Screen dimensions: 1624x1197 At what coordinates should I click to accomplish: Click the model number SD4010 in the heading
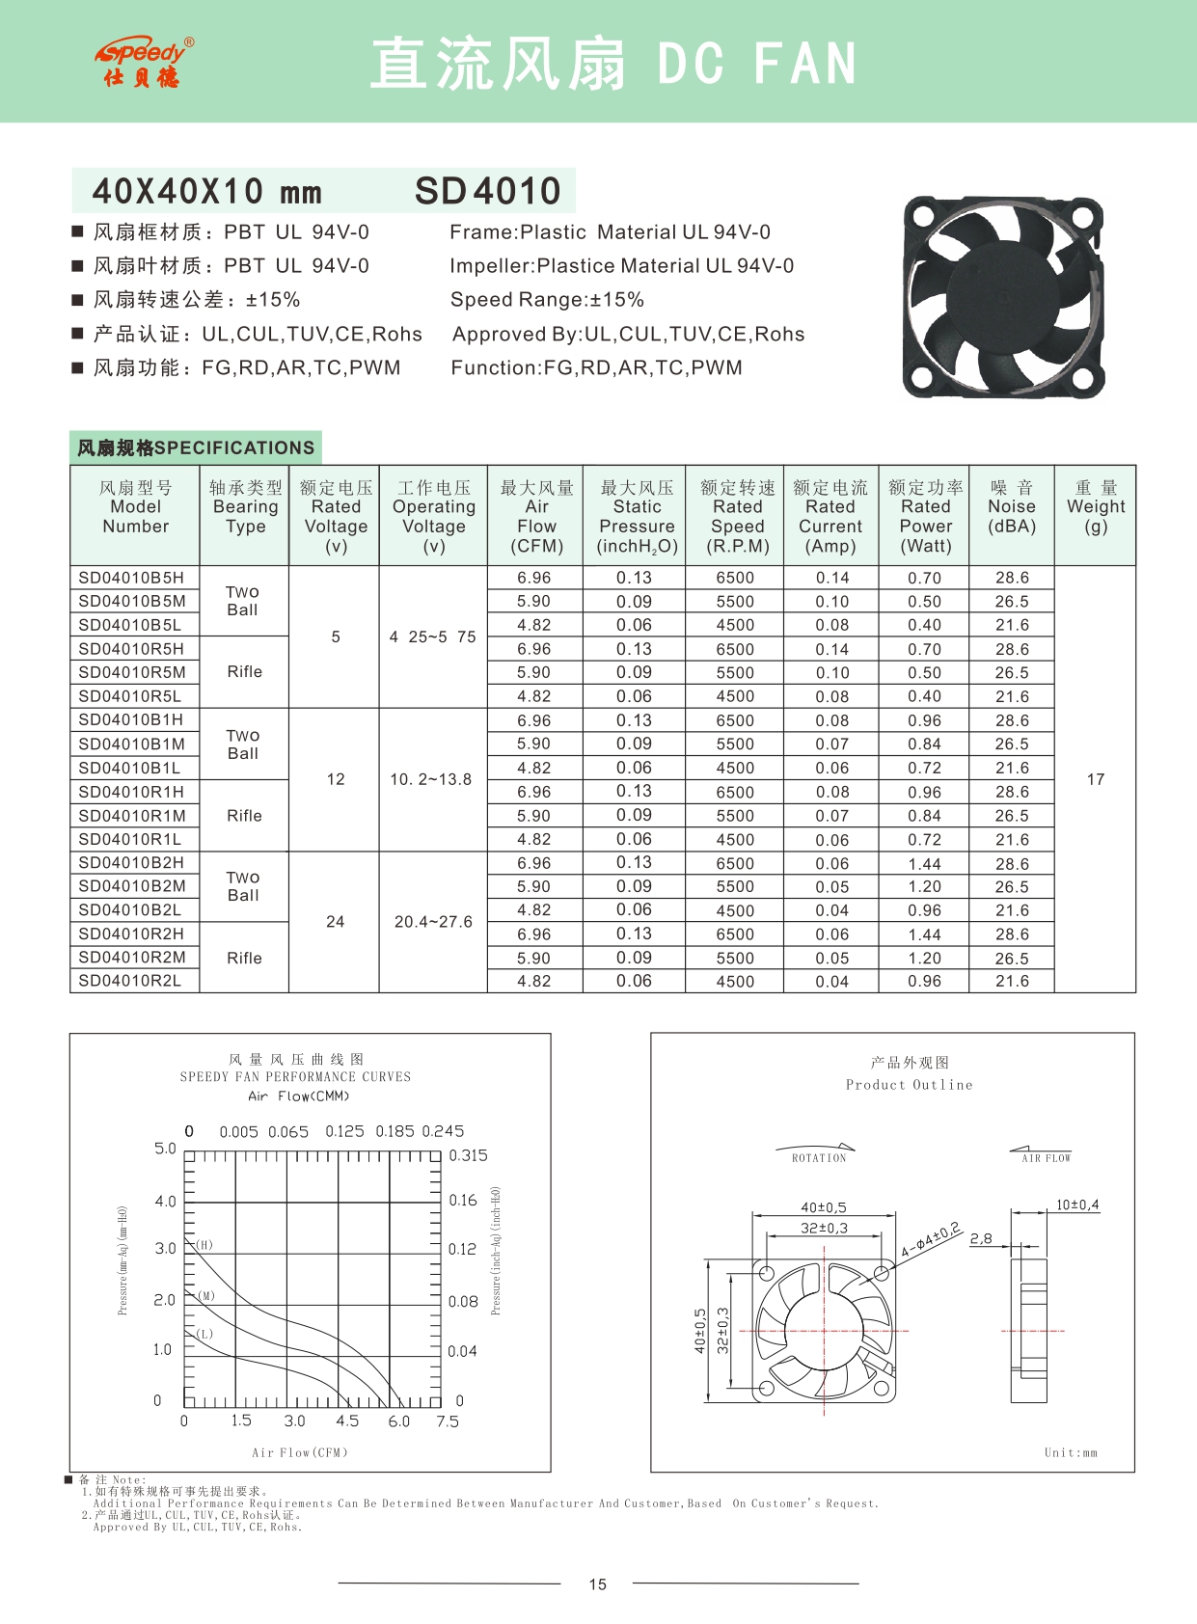coord(487,191)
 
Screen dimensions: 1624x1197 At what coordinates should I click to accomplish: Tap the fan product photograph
coord(1002,298)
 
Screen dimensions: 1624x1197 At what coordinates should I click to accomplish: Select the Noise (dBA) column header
coord(1011,507)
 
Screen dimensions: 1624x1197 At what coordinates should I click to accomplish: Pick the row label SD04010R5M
coord(132,672)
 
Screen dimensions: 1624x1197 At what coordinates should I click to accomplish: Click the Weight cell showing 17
coord(1095,779)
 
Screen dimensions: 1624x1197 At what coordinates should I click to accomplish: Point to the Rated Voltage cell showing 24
coord(335,922)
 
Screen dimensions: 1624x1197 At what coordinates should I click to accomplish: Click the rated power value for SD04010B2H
coord(924,864)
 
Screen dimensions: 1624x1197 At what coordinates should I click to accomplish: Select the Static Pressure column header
coord(637,517)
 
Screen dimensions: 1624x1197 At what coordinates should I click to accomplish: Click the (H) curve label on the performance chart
coord(204,1245)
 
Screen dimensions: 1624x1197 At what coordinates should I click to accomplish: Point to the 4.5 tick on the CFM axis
coord(347,1421)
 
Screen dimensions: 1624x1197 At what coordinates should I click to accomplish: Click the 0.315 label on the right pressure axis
coord(468,1155)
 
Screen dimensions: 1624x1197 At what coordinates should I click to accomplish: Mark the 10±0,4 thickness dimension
coord(1076,1204)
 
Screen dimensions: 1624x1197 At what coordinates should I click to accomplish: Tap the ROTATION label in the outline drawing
coord(818,1158)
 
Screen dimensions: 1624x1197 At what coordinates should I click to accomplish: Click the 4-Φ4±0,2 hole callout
coord(931,1240)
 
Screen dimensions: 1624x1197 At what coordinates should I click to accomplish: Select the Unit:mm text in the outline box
coord(1071,1452)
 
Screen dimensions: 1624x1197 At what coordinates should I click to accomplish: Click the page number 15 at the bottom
coord(598,1584)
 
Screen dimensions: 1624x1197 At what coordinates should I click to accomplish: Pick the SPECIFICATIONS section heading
coord(196,447)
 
